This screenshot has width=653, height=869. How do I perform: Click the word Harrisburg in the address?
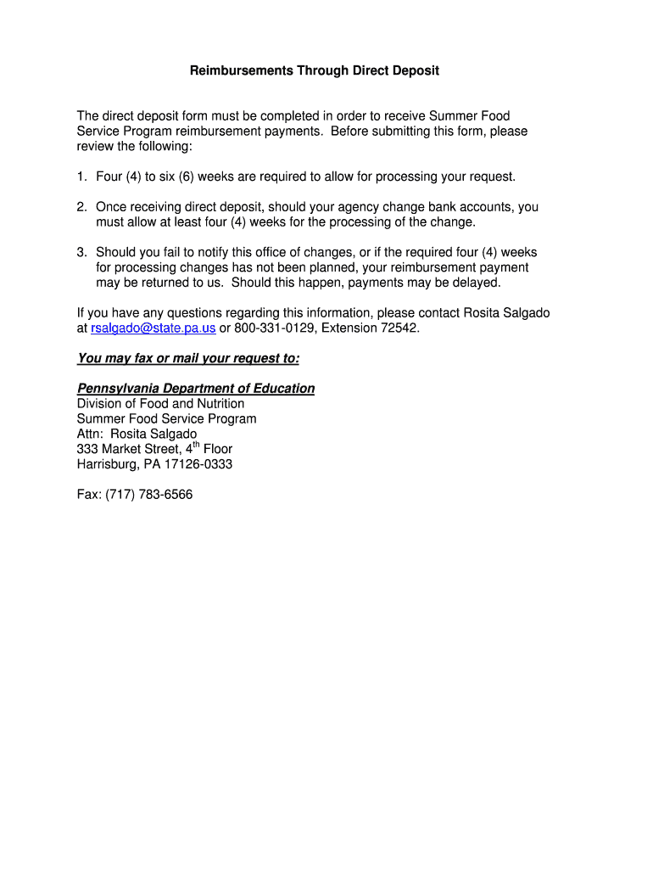106,464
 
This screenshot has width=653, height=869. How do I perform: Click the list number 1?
81,177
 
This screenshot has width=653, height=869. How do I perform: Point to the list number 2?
81,207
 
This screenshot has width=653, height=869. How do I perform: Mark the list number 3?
81,252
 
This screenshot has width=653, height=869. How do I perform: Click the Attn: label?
91,434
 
